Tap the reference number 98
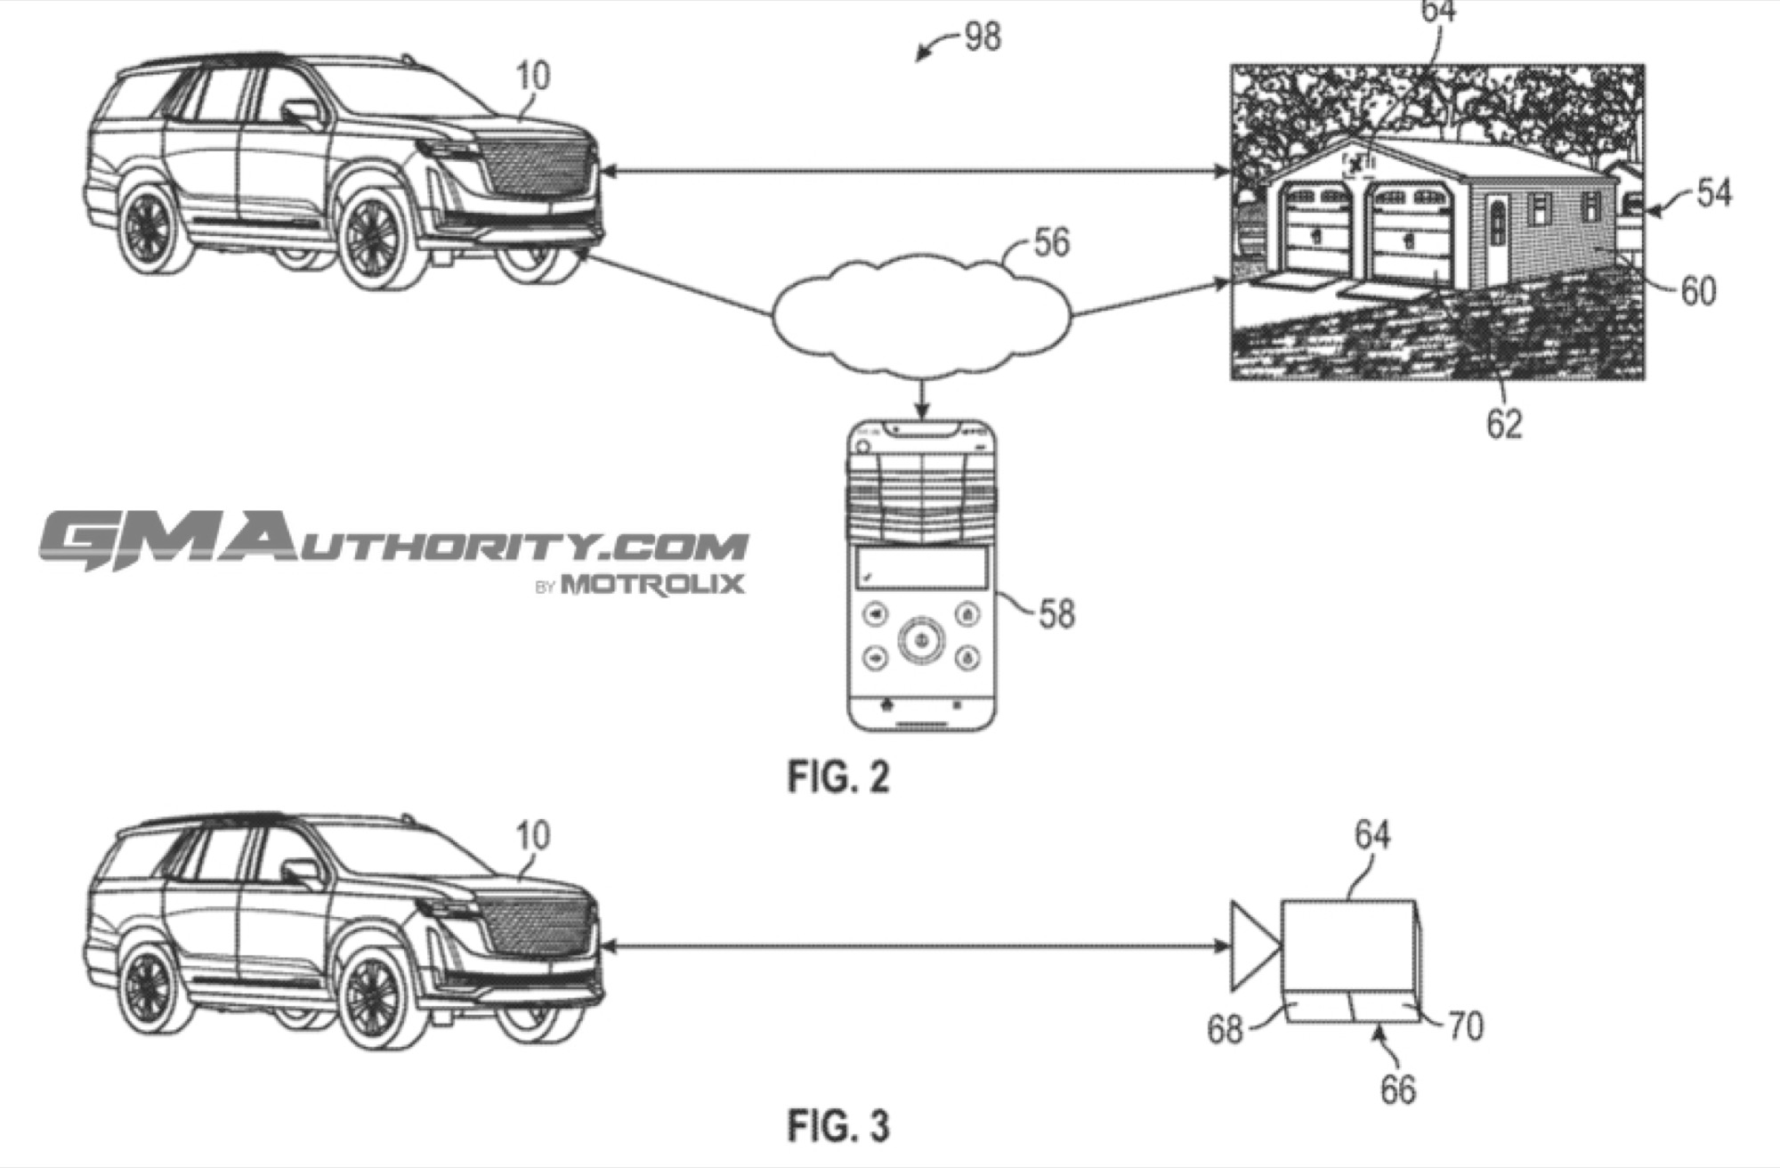pyautogui.click(x=983, y=36)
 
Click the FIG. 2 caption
pyautogui.click(x=838, y=777)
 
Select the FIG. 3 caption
pyautogui.click(x=838, y=1125)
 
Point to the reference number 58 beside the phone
pyautogui.click(x=1056, y=613)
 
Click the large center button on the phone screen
pyautogui.click(x=921, y=639)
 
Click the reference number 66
pyautogui.click(x=1397, y=1090)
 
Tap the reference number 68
pyautogui.click(x=1225, y=1029)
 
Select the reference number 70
pyautogui.click(x=1466, y=1026)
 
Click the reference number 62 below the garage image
pyautogui.click(x=1504, y=424)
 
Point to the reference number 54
pyautogui.click(x=1713, y=193)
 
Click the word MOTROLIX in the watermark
pyautogui.click(x=652, y=584)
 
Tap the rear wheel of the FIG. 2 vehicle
pyautogui.click(x=149, y=229)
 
